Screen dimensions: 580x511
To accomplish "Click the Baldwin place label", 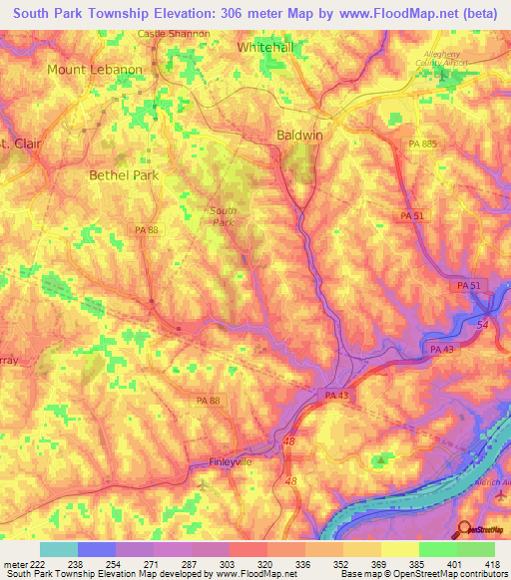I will click(x=297, y=135).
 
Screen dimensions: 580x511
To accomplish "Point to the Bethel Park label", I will click(x=124, y=174).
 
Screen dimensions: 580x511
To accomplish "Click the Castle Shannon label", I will click(x=174, y=33).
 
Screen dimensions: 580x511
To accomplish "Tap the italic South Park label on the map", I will click(x=223, y=215).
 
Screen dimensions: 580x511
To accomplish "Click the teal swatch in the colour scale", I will click(x=59, y=548).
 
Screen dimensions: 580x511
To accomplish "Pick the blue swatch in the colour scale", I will click(x=97, y=548).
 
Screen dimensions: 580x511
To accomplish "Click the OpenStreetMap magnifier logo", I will click(x=464, y=528).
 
